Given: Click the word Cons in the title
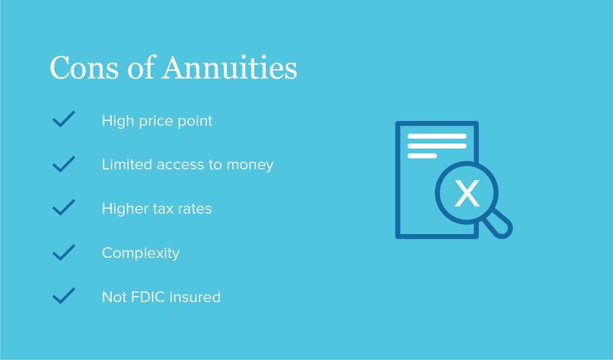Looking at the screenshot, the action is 84,67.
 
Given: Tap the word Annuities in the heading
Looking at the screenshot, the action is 229,67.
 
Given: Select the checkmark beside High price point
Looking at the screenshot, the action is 64,119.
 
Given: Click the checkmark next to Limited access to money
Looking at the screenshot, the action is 64,164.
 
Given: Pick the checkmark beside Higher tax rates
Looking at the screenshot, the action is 64,207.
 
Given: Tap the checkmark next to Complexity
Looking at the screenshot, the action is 64,252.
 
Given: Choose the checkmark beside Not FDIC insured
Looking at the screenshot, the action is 64,296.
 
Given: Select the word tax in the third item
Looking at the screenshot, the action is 163,209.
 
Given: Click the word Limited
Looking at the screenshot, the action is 127,164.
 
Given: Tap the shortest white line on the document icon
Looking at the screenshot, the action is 422,156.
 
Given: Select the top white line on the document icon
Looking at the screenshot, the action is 437,136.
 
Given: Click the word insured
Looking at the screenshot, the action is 195,297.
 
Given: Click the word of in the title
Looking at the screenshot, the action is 140,67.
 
